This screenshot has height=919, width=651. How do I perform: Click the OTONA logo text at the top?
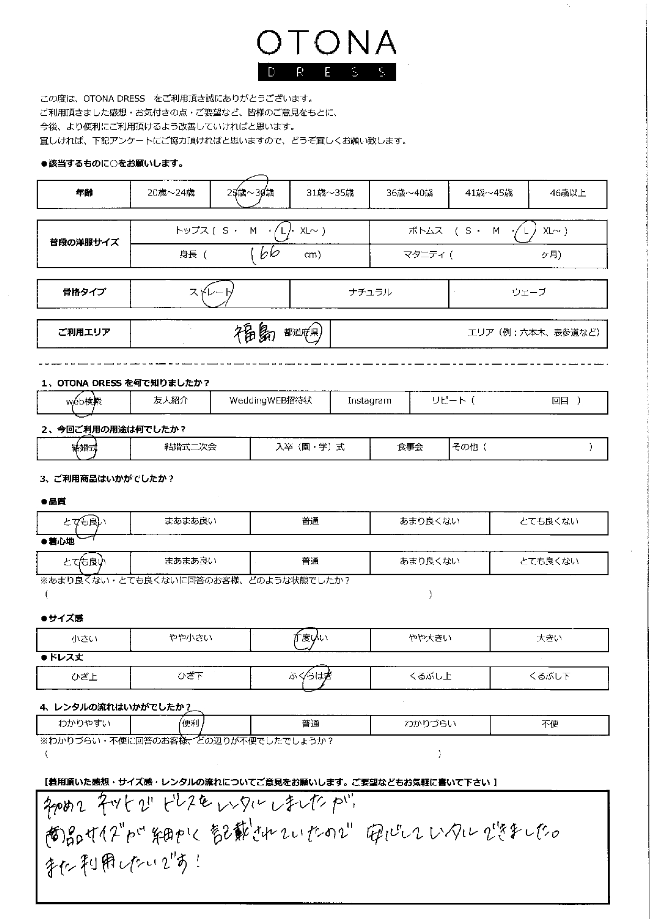(326, 43)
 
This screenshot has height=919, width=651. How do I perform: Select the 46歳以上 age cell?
(568, 193)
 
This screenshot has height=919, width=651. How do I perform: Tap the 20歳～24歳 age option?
(170, 193)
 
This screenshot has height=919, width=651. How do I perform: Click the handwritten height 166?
(265, 255)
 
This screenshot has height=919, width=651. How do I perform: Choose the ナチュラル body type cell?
(370, 293)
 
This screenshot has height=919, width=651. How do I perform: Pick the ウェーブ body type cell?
(528, 293)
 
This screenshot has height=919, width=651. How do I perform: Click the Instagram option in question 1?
(370, 401)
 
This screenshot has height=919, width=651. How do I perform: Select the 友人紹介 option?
(170, 401)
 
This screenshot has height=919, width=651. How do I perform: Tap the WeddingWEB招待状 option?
(270, 401)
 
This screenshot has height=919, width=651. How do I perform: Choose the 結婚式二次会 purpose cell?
(190, 447)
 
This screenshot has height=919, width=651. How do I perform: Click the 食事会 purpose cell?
(410, 447)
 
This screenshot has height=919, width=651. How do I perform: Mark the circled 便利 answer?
(190, 724)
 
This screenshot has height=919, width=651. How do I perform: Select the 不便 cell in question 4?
(549, 724)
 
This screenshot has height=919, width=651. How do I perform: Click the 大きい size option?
(549, 639)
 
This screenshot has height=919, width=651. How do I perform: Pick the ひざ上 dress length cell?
(84, 677)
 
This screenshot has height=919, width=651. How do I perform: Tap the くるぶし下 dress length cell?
(549, 677)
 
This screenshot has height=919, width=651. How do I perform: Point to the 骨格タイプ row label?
(84, 293)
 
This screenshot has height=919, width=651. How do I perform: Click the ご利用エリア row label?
(84, 333)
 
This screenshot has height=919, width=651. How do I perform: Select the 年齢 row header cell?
(84, 193)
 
